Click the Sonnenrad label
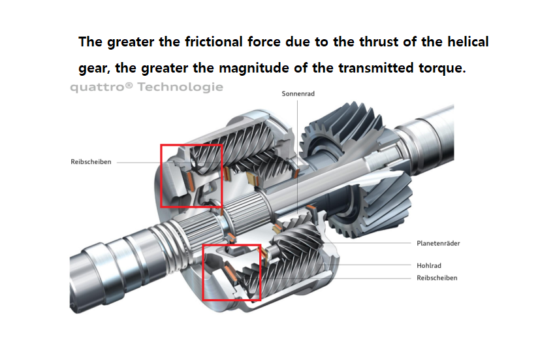(x=298, y=94)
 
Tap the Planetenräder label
(x=438, y=243)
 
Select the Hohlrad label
(x=429, y=266)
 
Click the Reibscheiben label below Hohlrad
(x=437, y=278)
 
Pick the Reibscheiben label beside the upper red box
(x=91, y=162)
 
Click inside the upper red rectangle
(x=191, y=176)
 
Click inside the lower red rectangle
(x=232, y=272)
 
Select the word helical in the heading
(x=464, y=42)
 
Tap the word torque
(x=441, y=69)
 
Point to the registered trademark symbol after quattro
(x=128, y=85)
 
